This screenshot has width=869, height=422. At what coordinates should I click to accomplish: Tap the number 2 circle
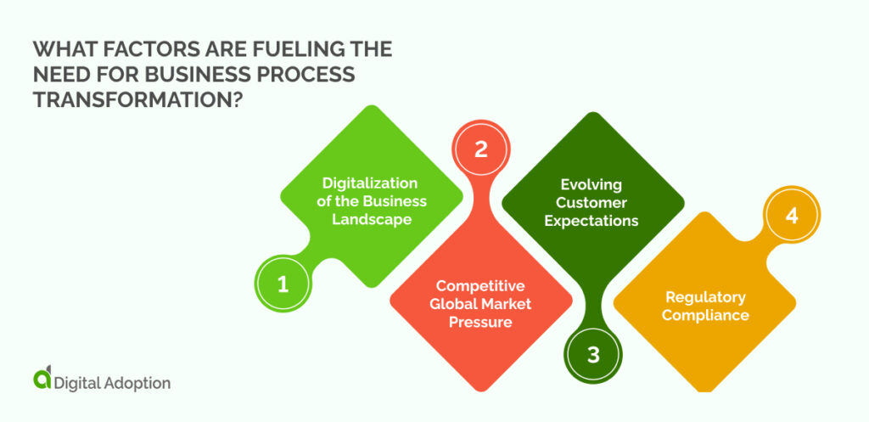pos(480,149)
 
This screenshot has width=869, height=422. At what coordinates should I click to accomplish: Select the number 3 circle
pos(592,354)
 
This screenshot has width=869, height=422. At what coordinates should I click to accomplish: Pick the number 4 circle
pos(791,216)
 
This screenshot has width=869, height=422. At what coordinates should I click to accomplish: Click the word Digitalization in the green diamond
pos(370,183)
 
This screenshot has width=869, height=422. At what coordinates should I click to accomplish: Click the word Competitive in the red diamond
pos(480,285)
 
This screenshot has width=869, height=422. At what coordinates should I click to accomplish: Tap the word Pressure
pos(480,322)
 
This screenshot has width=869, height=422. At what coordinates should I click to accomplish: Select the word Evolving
pos(591,184)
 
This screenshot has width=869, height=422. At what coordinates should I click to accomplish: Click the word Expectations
pos(591,221)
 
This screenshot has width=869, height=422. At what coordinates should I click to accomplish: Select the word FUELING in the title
pos(255,49)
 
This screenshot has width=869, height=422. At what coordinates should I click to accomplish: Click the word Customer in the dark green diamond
pos(591,202)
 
